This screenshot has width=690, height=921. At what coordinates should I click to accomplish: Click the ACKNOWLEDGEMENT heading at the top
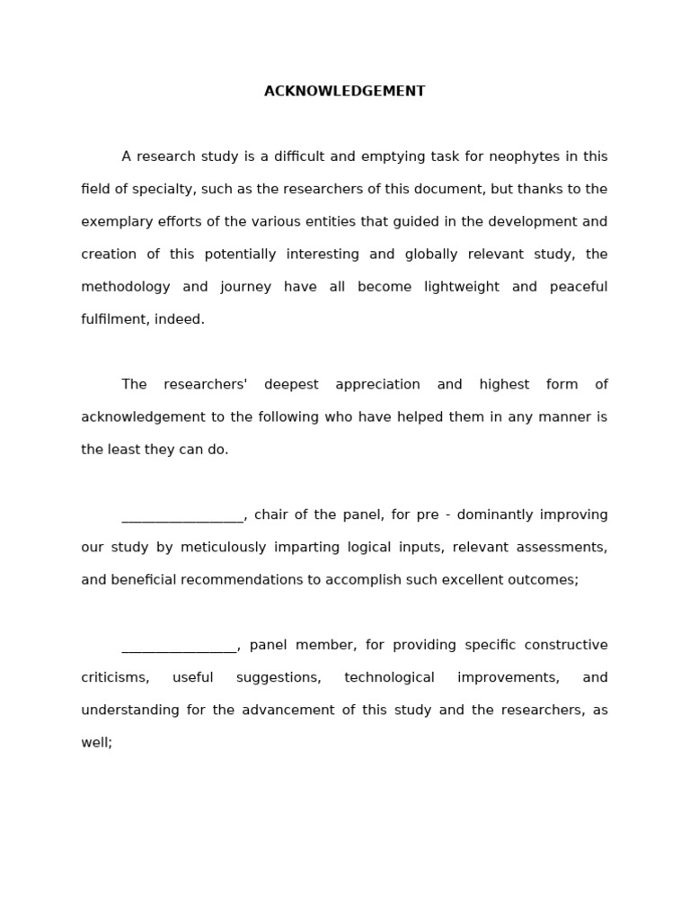point(344,92)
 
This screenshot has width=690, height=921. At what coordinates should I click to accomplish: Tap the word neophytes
point(524,156)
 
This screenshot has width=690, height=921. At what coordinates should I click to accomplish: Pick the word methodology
point(125,287)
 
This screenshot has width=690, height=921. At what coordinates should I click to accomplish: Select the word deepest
point(291,385)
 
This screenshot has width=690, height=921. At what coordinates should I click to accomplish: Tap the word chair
point(271,515)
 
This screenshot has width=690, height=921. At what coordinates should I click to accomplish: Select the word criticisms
point(115,678)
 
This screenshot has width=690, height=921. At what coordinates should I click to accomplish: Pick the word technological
point(389,678)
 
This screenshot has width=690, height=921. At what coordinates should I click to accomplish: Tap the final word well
point(95,743)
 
